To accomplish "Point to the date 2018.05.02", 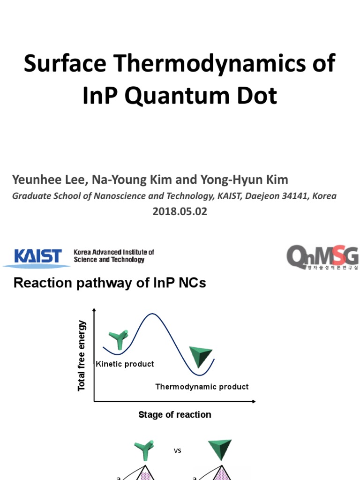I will tap(180, 211).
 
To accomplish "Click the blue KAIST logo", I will tap(37, 256).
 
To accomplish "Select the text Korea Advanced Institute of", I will tap(114, 252).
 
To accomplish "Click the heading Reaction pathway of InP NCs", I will tap(110, 283).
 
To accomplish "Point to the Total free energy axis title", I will tap(82, 355).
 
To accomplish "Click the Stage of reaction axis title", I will tap(175, 414).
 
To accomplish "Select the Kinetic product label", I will tap(125, 364).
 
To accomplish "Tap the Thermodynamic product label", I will tap(202, 387).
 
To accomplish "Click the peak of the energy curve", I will tap(151, 314).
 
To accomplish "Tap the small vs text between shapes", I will tap(177, 451).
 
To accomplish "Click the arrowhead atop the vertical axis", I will tap(94, 310).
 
